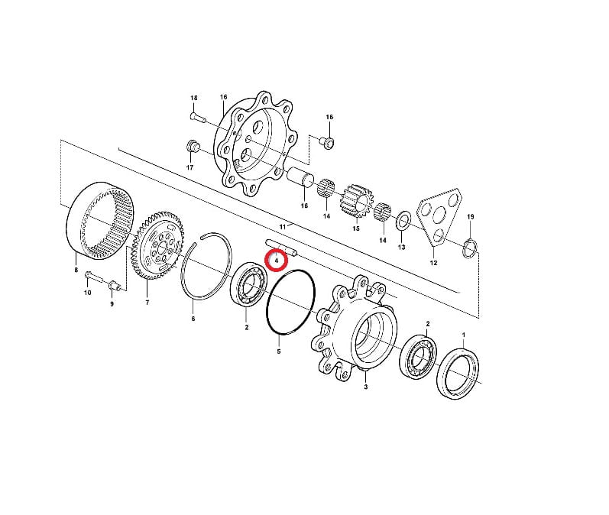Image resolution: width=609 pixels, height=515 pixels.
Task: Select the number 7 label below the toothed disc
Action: point(147,303)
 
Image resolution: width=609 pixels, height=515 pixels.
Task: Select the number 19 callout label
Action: point(471,216)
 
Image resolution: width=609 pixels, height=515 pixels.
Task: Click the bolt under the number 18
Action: point(198,118)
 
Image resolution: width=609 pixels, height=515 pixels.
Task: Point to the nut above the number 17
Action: point(193,147)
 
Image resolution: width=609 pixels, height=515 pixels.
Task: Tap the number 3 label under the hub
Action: point(365,387)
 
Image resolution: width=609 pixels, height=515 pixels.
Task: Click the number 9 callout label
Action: point(112,303)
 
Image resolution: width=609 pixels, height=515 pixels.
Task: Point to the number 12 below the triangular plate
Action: point(433,263)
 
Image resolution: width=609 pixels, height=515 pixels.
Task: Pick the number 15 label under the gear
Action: point(356,228)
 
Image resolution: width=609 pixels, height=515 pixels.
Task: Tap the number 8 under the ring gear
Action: point(76,270)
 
